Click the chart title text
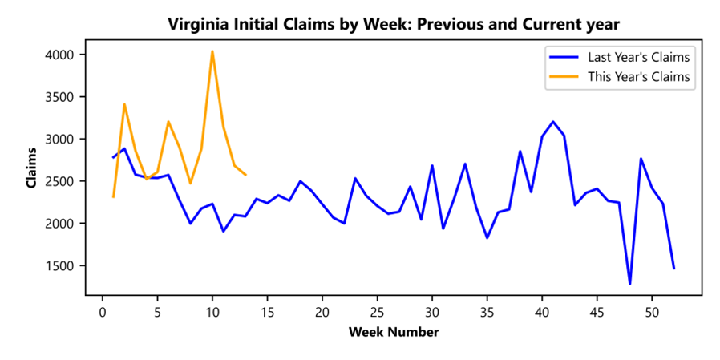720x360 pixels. (394, 24)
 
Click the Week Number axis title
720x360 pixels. (394, 331)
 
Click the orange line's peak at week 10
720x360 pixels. (212, 51)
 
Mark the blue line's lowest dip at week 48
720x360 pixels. (629, 283)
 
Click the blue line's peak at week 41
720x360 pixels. (553, 122)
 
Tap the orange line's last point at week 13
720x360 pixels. (245, 175)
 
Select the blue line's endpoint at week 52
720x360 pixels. (674, 269)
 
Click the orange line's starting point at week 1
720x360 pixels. (113, 196)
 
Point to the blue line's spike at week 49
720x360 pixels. (641, 159)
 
